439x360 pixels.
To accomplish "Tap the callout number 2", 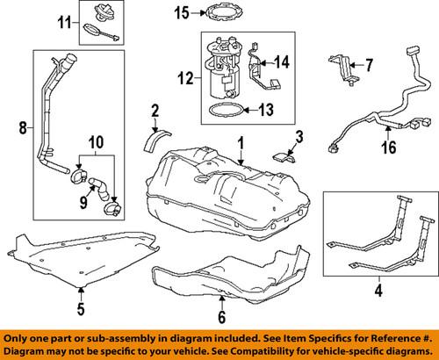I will click(155, 111).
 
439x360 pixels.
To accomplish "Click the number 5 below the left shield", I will click(80, 308).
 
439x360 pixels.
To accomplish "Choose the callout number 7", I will click(370, 63).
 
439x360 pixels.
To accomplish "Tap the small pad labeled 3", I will click(282, 156).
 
